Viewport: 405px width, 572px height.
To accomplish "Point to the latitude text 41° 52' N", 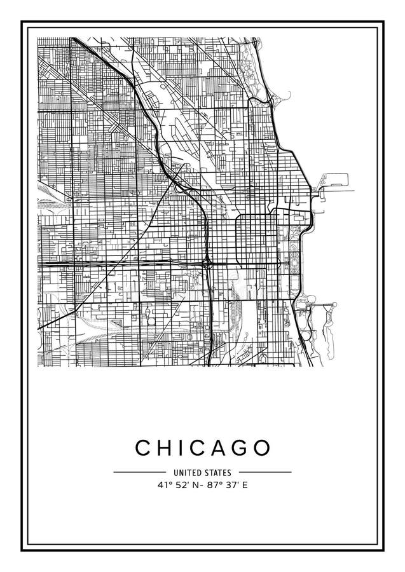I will (x=178, y=485).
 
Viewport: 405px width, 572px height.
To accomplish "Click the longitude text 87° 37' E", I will (x=228, y=485).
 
